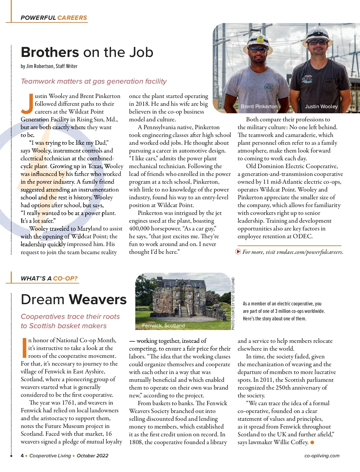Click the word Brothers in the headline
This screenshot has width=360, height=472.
[50, 52]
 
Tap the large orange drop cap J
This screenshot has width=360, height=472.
[27, 104]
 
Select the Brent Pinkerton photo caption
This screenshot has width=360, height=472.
[259, 106]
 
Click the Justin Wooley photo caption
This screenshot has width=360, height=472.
[321, 106]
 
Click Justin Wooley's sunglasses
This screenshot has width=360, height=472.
[317, 43]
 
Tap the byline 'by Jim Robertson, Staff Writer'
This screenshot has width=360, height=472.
[49, 66]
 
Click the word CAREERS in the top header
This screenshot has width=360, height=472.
[72, 18]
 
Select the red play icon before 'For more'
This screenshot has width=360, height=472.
[238, 252]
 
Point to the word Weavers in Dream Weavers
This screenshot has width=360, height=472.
[97, 300]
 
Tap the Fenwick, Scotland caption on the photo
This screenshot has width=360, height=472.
[163, 325]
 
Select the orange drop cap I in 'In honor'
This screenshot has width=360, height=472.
[25, 348]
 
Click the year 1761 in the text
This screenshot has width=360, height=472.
[69, 403]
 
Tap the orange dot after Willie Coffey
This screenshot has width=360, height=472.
[312, 443]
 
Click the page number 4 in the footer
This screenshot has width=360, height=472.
[22, 456]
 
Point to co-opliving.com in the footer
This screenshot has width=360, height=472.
[322, 456]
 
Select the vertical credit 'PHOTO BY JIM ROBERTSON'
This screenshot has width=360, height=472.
[215, 77]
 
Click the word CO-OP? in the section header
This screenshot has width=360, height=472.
[65, 278]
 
